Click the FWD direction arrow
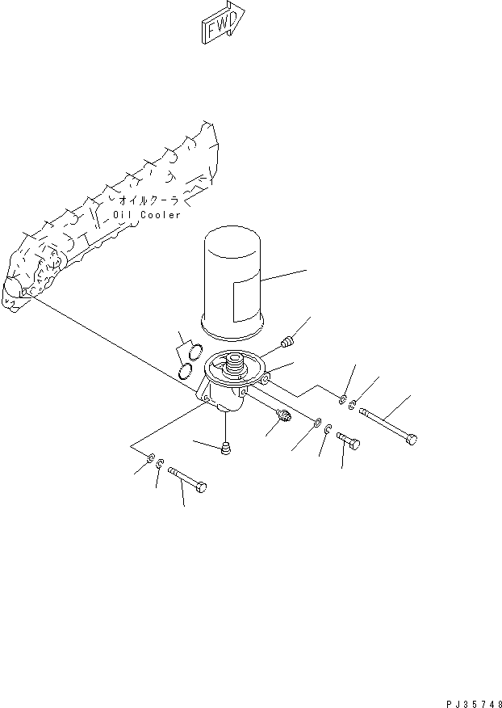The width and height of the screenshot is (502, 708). [x=223, y=23]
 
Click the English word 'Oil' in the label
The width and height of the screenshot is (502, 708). [x=122, y=215]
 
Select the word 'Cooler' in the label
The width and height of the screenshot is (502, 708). [x=161, y=215]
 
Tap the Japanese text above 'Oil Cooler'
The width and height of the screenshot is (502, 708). [x=149, y=200]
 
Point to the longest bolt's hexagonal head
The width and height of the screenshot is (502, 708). [x=412, y=439]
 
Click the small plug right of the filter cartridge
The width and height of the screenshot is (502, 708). [x=287, y=343]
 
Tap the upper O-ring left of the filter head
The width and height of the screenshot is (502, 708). [x=195, y=352]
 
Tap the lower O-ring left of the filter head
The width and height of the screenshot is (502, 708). [x=185, y=372]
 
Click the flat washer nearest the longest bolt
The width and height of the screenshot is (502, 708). [x=342, y=399]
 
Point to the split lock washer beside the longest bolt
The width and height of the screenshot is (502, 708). [x=352, y=404]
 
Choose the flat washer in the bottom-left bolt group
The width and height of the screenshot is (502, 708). [x=151, y=457]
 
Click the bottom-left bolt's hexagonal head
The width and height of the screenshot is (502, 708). [x=201, y=487]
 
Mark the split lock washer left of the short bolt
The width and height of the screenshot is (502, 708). [x=328, y=428]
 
